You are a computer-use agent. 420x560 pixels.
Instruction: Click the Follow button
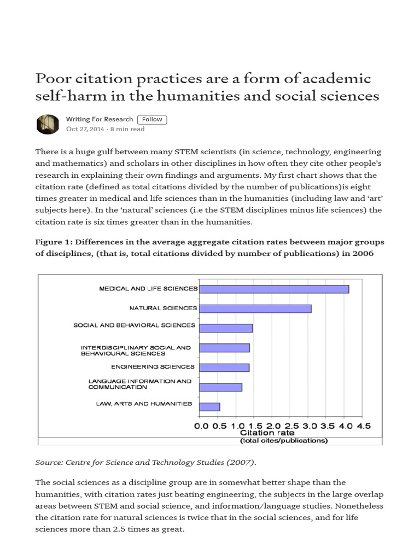(152, 119)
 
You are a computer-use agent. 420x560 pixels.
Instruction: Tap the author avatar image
(48, 124)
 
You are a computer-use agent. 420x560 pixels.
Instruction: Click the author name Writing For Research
(99, 119)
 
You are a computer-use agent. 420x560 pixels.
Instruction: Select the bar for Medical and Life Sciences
(274, 289)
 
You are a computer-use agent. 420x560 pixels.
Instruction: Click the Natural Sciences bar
(255, 308)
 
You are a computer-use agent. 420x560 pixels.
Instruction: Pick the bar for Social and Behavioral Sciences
(226, 328)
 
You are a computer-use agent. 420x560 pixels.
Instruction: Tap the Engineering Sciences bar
(224, 367)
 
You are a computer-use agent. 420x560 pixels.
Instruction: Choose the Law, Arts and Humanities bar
(209, 406)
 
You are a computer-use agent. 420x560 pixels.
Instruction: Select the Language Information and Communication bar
(220, 387)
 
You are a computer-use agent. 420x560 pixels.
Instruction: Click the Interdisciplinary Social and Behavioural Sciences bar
(224, 348)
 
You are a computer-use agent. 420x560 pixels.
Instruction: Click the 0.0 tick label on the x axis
(201, 425)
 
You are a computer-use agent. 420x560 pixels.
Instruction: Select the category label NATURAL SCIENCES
(162, 308)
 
